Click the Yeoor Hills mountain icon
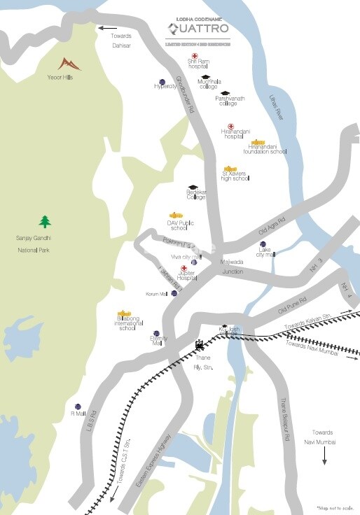[x=70, y=64]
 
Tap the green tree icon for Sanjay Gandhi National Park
[x=46, y=222]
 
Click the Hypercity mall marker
[x=162, y=81]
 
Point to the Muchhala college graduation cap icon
[x=205, y=78]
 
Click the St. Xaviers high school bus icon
[x=230, y=169]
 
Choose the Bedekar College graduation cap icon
[x=193, y=187]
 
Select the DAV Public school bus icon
[x=176, y=216]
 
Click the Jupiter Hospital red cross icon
[x=184, y=268]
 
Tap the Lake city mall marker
[x=263, y=244]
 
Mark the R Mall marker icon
[x=78, y=406]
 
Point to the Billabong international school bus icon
[x=124, y=313]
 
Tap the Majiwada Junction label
[x=233, y=266]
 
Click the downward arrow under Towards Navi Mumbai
[x=324, y=456]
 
